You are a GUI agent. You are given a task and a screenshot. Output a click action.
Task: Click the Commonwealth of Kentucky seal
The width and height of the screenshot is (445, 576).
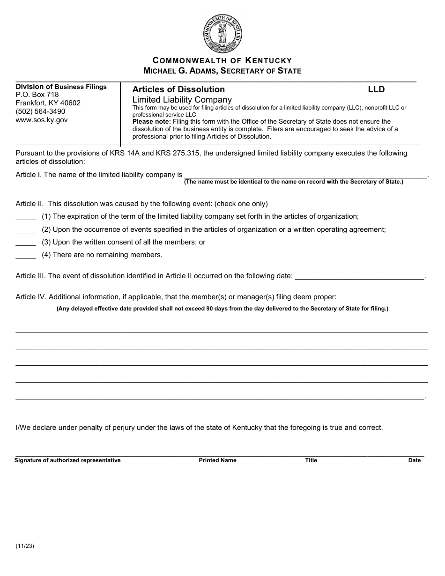(x=222, y=33)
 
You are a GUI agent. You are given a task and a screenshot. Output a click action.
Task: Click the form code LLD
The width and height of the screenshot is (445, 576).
(x=376, y=89)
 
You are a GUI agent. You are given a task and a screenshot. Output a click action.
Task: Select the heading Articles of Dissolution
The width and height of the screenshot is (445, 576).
(x=178, y=89)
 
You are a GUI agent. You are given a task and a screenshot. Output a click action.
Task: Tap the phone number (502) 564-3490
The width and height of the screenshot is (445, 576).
(x=40, y=111)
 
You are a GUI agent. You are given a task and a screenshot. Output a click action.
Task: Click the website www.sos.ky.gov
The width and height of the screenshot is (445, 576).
(x=42, y=120)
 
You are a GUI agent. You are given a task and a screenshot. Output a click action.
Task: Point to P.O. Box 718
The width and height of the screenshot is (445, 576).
(x=37, y=95)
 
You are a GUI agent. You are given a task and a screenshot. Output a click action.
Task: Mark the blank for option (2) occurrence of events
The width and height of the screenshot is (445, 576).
(x=26, y=229)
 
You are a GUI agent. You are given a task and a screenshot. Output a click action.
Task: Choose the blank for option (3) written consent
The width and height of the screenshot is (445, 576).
(x=26, y=242)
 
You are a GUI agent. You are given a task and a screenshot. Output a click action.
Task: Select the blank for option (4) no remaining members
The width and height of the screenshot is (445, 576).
(x=26, y=255)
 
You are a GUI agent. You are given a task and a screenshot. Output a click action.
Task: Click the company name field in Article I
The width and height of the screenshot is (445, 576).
(x=305, y=175)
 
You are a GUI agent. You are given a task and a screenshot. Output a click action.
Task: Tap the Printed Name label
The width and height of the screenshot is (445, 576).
(x=217, y=460)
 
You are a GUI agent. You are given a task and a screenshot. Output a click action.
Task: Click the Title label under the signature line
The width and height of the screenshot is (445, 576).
(x=311, y=460)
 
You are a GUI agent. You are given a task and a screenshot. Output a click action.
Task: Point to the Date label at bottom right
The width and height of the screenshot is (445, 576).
(x=414, y=460)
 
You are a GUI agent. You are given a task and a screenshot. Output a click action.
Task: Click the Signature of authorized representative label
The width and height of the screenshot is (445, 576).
(x=67, y=460)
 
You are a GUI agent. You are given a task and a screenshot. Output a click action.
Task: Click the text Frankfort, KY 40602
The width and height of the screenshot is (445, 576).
(x=48, y=103)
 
